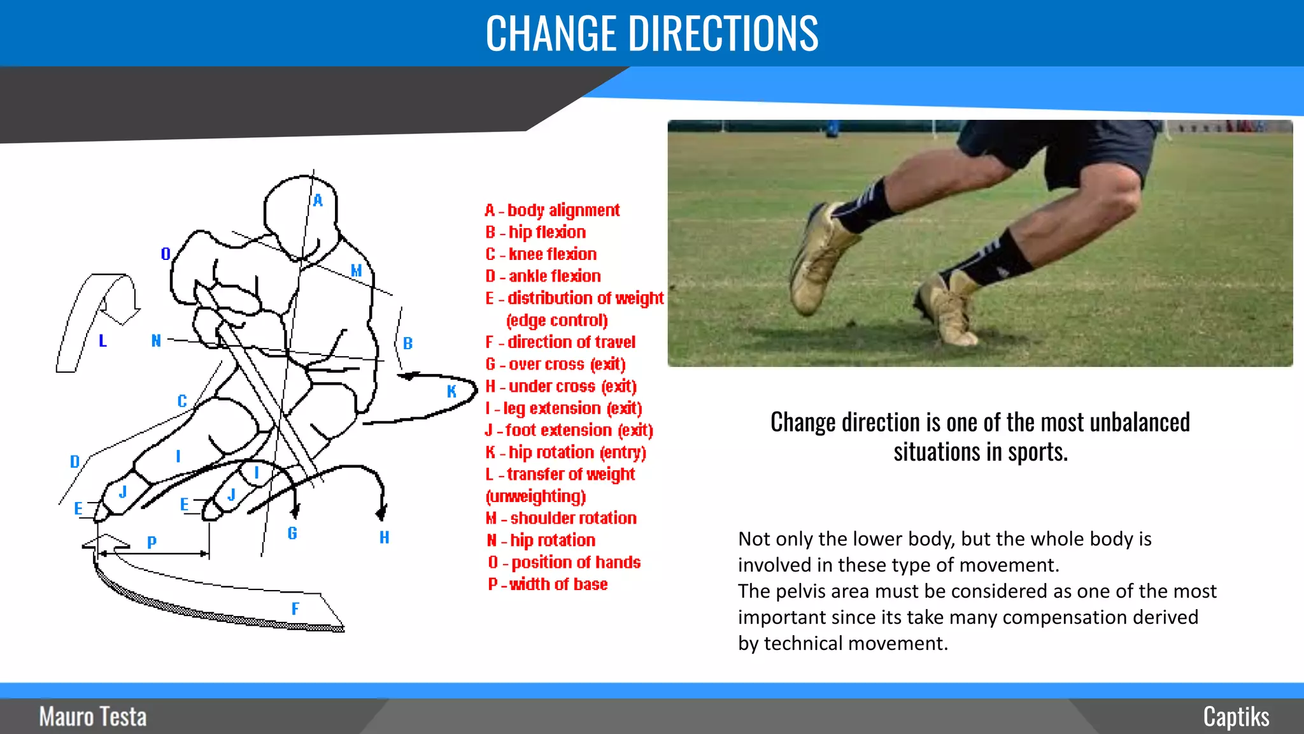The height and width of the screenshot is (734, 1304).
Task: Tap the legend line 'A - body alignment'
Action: click(551, 210)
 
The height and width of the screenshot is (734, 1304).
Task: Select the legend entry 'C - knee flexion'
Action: click(541, 254)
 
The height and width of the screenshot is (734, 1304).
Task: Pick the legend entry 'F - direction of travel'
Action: click(560, 342)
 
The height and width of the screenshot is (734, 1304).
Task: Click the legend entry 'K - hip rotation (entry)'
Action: click(565, 452)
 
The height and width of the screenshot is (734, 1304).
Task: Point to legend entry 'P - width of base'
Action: click(548, 584)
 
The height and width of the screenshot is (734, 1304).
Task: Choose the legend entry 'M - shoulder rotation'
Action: click(561, 518)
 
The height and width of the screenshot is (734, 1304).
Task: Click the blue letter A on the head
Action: click(318, 201)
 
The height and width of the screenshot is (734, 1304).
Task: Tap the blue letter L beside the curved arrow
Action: click(103, 341)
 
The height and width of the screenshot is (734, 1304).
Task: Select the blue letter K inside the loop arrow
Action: click(451, 391)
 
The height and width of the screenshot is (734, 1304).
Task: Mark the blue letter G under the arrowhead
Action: click(292, 533)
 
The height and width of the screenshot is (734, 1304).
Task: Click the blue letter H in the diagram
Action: click(385, 537)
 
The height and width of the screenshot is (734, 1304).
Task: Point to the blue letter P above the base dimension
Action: click(152, 542)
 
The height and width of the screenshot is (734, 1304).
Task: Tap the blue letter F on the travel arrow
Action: click(295, 608)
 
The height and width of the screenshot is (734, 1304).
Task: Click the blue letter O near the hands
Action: click(166, 254)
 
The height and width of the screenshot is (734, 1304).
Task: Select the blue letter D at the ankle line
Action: click(74, 461)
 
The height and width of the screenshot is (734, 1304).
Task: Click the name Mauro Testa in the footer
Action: click(93, 717)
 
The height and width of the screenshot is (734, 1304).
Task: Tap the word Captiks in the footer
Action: click(1236, 717)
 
